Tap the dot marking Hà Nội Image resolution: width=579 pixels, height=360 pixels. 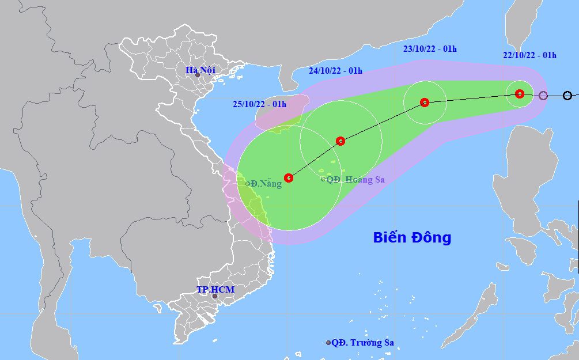(198, 75)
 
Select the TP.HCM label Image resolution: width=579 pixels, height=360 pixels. (215, 289)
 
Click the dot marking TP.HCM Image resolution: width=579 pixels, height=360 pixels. (214, 296)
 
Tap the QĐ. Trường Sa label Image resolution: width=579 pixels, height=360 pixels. (362, 342)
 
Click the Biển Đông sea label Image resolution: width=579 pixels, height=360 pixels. (412, 237)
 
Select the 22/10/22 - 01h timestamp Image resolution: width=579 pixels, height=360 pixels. (529, 55)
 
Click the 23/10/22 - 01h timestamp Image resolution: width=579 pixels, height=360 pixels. (430, 49)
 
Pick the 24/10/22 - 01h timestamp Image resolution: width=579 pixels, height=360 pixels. (335, 71)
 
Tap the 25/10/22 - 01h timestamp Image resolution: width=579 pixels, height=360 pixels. (260, 104)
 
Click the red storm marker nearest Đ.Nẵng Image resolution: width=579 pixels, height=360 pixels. (289, 178)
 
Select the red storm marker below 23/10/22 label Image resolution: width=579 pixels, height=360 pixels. (425, 103)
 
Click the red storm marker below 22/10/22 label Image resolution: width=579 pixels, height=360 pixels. (519, 93)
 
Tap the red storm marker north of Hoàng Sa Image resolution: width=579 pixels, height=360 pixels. (340, 141)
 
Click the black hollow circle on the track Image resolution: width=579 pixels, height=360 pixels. (567, 96)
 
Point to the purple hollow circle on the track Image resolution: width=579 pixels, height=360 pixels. (543, 95)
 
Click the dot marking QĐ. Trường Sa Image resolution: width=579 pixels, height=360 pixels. (328, 343)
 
